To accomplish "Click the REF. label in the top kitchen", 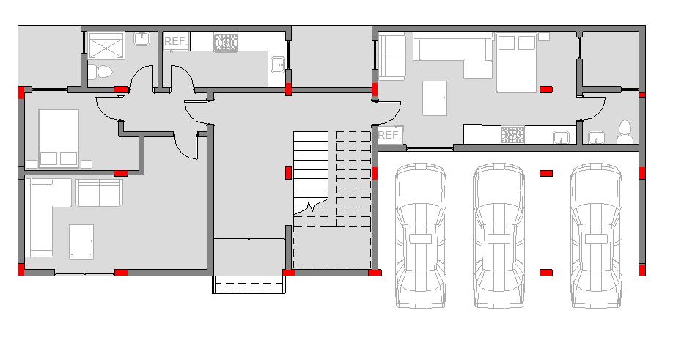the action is tap(175, 42).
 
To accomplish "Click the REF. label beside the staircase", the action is tap(389, 135).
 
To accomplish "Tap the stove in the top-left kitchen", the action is tap(226, 42).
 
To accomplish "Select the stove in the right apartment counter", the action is tap(512, 135).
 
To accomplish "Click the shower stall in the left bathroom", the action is tap(106, 45).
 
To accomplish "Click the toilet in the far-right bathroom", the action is tap(625, 133).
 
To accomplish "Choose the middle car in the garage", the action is tap(499, 236).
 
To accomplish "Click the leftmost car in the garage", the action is tap(421, 235).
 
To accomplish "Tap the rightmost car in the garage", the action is tap(596, 236).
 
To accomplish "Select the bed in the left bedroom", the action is tap(59, 139).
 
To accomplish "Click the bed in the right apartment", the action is tap(516, 63).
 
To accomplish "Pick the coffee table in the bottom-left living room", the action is tap(81, 242).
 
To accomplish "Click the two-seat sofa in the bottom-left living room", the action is tap(99, 192).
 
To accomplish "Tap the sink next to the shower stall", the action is tap(141, 39).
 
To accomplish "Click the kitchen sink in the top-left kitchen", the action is tap(278, 65).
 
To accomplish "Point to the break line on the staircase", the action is tap(311, 206).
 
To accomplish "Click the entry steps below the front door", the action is tap(249, 284).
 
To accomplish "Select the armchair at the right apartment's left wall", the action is tap(391, 56).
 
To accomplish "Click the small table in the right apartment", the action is tap(434, 98).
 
